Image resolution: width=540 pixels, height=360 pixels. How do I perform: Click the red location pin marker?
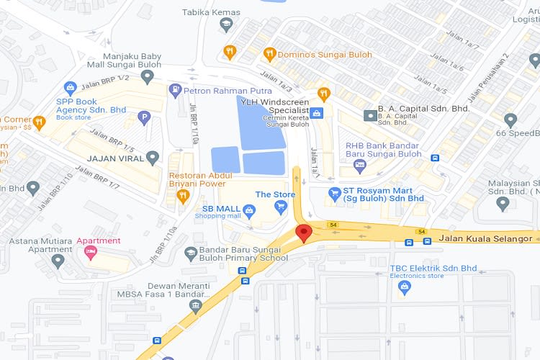pyautogui.click(x=304, y=233)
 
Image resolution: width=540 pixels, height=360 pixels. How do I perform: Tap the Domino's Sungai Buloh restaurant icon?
pyautogui.click(x=269, y=53)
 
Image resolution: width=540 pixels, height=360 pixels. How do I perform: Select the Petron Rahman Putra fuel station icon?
pyautogui.click(x=174, y=91)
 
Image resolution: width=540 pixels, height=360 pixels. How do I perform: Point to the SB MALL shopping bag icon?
pyautogui.click(x=249, y=211)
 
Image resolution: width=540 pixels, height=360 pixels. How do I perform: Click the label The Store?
pyautogui.click(x=275, y=194)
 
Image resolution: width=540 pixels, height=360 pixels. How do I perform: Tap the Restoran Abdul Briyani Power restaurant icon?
pyautogui.click(x=183, y=194)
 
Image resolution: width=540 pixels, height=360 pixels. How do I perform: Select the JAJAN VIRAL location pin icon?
pyautogui.click(x=152, y=157)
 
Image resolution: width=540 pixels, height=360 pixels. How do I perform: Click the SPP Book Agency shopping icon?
pyautogui.click(x=70, y=89)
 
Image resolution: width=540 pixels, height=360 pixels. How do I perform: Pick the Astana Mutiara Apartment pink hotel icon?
pyautogui.click(x=90, y=251)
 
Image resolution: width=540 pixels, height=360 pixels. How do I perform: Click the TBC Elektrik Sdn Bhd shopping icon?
pyautogui.click(x=404, y=287)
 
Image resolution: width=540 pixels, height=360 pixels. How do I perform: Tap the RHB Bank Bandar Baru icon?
pyautogui.click(x=360, y=166)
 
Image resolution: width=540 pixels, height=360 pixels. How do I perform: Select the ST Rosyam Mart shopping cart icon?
pyautogui.click(x=333, y=193)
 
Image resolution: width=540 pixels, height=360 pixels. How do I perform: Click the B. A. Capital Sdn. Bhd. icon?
pyautogui.click(x=369, y=115)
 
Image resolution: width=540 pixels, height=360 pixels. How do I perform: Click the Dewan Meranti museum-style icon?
pyautogui.click(x=195, y=306)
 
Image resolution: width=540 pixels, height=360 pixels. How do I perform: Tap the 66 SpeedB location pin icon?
pyautogui.click(x=510, y=120)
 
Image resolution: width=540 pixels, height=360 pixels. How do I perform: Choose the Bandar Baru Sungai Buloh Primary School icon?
pyautogui.click(x=191, y=253)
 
